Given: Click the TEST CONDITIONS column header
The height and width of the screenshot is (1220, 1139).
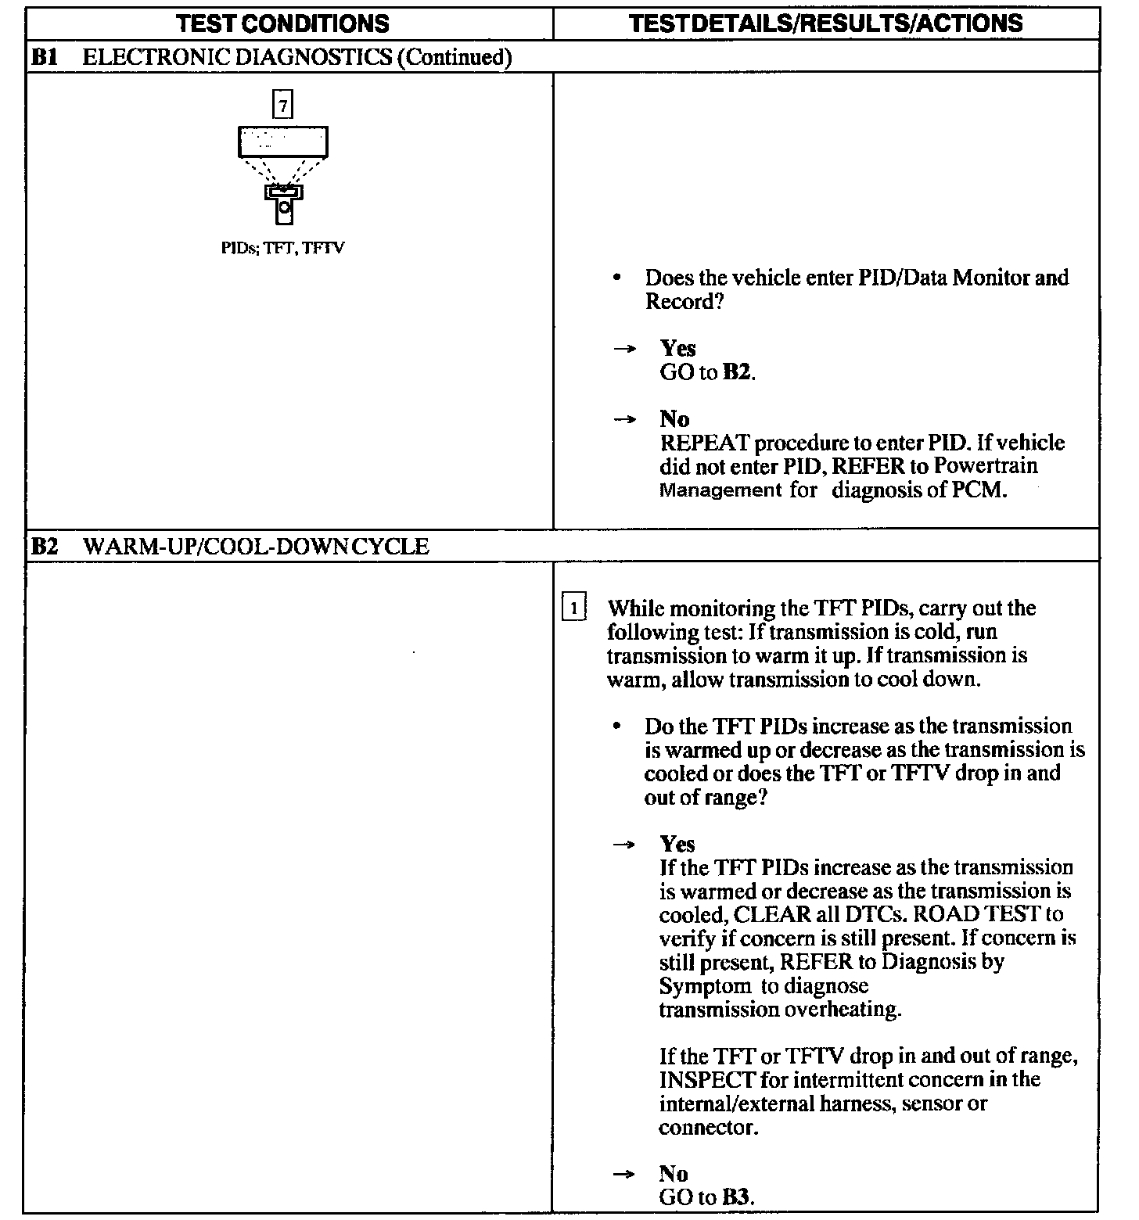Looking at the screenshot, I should (x=282, y=23).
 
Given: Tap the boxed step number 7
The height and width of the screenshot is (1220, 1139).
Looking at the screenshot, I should (x=282, y=104).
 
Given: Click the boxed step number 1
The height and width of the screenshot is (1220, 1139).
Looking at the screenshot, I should (x=573, y=608).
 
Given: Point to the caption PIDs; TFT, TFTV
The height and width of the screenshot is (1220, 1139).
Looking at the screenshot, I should (x=282, y=249).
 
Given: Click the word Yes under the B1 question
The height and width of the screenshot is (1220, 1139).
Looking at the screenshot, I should (x=677, y=348).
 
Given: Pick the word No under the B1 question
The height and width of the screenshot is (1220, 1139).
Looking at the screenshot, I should (x=674, y=419).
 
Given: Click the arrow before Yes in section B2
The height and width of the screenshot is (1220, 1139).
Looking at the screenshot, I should (x=623, y=845).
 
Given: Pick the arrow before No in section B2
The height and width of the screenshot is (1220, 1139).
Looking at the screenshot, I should (x=623, y=1174).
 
